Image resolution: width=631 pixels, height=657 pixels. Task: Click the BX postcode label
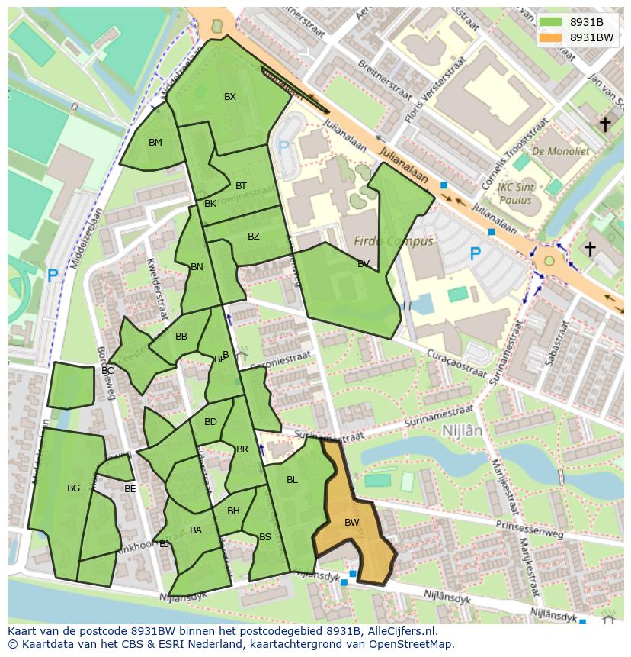(x=229, y=97)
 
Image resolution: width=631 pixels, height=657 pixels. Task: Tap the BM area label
(x=155, y=143)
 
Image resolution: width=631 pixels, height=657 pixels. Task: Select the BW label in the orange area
(x=351, y=523)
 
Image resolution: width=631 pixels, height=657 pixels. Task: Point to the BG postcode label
(x=73, y=488)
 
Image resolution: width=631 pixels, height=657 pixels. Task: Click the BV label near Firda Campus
(x=364, y=264)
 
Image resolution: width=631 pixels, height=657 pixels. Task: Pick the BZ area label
(x=254, y=237)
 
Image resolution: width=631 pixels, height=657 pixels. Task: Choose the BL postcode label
(x=292, y=480)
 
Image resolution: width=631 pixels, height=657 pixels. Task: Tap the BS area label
(x=265, y=537)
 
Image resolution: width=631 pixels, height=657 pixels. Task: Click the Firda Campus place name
(x=393, y=242)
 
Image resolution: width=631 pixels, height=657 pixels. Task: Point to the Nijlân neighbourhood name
(x=462, y=430)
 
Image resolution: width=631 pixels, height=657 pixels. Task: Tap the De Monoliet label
(x=561, y=151)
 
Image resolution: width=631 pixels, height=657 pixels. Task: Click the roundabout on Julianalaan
(x=549, y=260)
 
